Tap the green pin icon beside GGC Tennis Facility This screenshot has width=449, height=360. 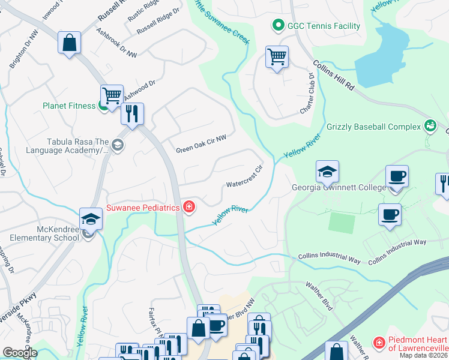pyautogui.click(x=278, y=26)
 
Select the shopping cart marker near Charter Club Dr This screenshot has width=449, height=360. pyautogui.click(x=277, y=58)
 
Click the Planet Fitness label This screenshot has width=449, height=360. pyautogui.click(x=68, y=106)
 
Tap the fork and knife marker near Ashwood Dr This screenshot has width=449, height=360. pyautogui.click(x=132, y=113)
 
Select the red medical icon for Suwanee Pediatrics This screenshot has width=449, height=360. pyautogui.click(x=188, y=208)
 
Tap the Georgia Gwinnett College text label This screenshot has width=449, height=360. pyautogui.click(x=339, y=187)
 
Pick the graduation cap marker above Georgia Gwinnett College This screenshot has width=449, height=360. pyautogui.click(x=327, y=172)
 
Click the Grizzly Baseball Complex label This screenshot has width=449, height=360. pyautogui.click(x=373, y=127)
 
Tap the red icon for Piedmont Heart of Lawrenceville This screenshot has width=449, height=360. pyautogui.click(x=379, y=343)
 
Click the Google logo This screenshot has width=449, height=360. pyautogui.click(x=19, y=352)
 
